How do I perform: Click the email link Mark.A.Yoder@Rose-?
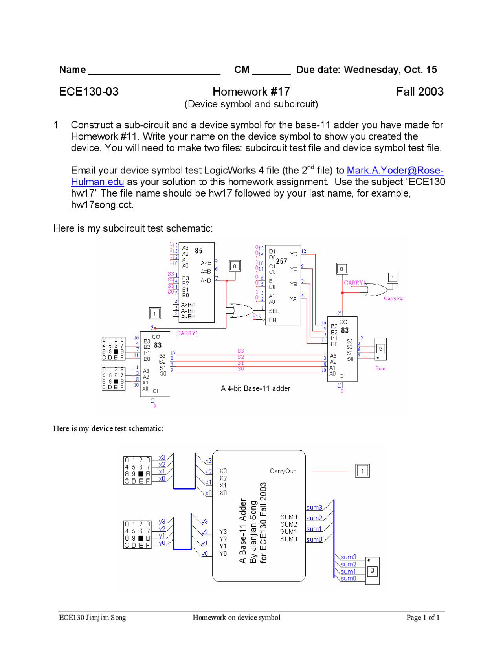tap(395, 171)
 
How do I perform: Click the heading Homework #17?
tap(251, 92)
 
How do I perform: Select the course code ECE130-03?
tap(89, 92)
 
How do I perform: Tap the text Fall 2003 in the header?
tap(420, 92)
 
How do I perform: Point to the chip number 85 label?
tap(199, 251)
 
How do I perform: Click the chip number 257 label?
tap(281, 261)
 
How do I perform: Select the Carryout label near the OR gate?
tap(393, 298)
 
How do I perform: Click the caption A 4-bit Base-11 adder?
tap(255, 388)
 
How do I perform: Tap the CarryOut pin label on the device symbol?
tap(283, 471)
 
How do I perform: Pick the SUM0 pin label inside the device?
tap(288, 539)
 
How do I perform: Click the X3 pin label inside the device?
tap(223, 471)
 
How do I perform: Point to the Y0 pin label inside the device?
tap(223, 554)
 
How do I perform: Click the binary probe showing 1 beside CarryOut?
tap(362, 471)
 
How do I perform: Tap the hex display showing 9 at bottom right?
tap(372, 571)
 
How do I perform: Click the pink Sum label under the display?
tap(380, 369)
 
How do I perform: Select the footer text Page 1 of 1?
tap(423, 618)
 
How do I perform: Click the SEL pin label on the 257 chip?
tap(274, 311)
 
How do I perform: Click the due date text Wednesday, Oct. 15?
tap(390, 70)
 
